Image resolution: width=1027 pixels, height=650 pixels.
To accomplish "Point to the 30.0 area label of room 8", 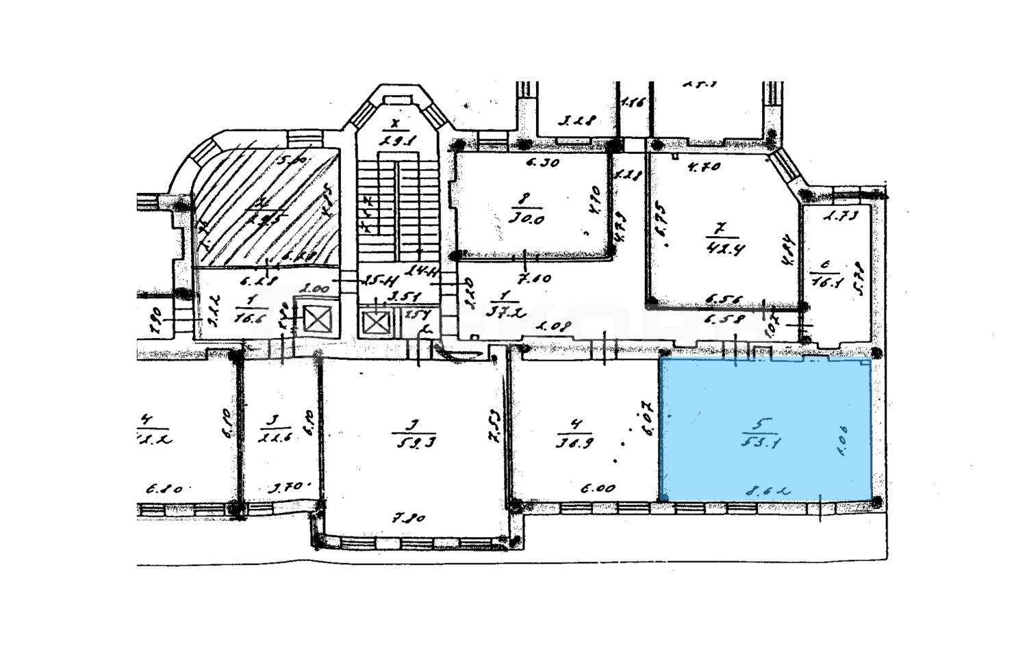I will pyautogui.click(x=526, y=220).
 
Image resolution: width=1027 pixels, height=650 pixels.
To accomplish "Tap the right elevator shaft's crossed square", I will pyautogui.click(x=376, y=322).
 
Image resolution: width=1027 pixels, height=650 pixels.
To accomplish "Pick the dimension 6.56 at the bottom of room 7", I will pyautogui.click(x=719, y=298).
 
